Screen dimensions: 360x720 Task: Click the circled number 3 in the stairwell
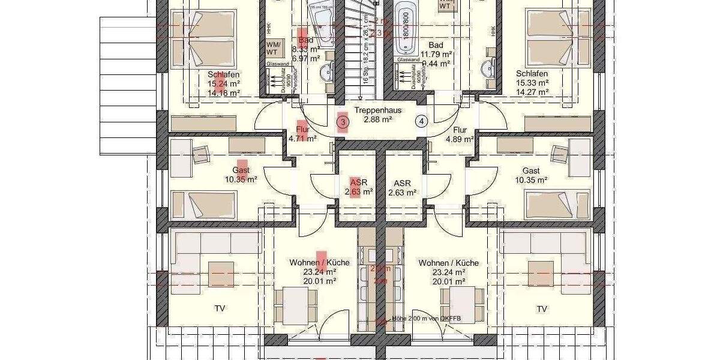click(343, 122)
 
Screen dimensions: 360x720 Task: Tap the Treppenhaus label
click(377, 111)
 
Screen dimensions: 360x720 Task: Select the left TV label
click(220, 309)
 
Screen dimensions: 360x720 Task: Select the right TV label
click(542, 309)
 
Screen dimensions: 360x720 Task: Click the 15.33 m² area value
click(532, 83)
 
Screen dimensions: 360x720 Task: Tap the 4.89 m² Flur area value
click(460, 139)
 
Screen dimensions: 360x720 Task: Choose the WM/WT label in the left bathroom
click(272, 48)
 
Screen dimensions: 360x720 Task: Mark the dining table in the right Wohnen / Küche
click(463, 305)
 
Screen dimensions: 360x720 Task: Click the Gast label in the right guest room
click(531, 170)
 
